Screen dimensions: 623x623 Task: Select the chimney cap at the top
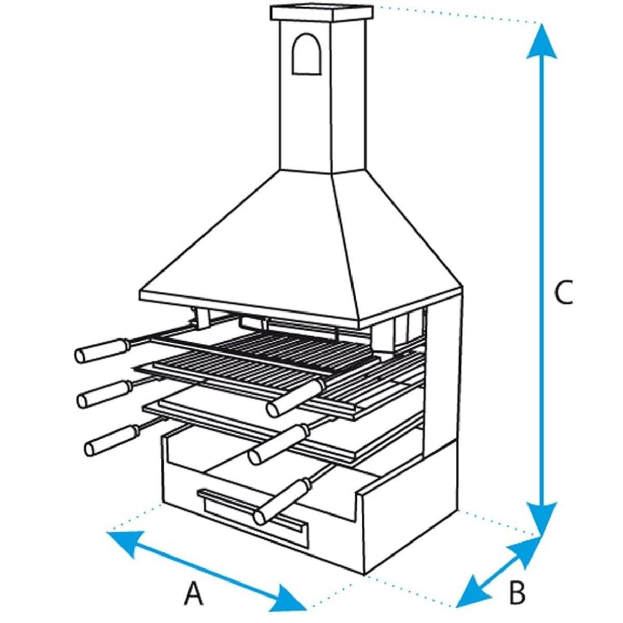pyautogui.click(x=322, y=13)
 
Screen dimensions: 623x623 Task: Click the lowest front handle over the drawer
pyautogui.click(x=280, y=502)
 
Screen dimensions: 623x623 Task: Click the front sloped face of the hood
pyautogui.click(x=249, y=249)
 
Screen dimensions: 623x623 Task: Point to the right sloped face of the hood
pyautogui.click(x=395, y=244)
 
